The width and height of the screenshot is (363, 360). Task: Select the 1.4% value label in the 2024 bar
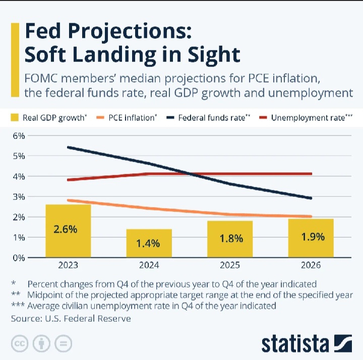pos(149,244)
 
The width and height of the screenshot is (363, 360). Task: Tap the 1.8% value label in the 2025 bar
pos(230,239)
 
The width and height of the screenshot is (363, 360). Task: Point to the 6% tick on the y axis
pos(19,136)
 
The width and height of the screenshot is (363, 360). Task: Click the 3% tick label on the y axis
pos(19,197)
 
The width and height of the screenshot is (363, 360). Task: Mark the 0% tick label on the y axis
pos(19,257)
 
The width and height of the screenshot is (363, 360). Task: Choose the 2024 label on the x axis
pos(149,265)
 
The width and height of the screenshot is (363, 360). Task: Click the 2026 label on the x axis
pos(311,265)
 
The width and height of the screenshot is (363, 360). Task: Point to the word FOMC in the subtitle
pos(42,79)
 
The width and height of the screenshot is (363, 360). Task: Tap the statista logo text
pos(294,344)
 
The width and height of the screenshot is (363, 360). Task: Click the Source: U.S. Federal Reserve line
pos(71,319)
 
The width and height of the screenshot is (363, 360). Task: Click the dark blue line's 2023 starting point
pos(68,148)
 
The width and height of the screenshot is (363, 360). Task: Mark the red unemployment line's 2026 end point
pos(311,174)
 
